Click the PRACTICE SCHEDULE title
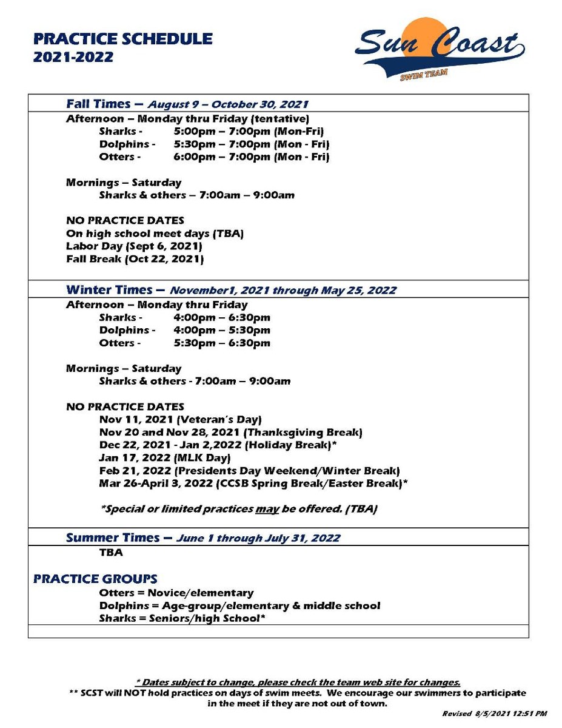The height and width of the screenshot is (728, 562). click(123, 39)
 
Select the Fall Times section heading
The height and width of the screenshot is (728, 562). click(187, 104)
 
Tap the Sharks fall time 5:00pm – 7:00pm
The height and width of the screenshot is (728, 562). click(249, 131)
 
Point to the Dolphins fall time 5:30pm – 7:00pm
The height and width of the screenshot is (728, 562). click(251, 144)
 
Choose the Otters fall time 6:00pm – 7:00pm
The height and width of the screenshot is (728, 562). click(251, 157)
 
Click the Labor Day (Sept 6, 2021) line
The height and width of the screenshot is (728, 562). click(134, 246)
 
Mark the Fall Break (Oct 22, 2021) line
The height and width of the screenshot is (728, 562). click(135, 259)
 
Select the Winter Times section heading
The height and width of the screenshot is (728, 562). click(231, 289)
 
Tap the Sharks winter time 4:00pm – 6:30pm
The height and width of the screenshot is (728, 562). click(222, 318)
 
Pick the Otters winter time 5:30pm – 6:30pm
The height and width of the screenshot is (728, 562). click(222, 343)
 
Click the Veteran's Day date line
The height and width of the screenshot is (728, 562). click(180, 419)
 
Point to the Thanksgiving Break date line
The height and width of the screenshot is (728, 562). click(230, 433)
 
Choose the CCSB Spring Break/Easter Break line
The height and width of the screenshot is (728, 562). click(253, 484)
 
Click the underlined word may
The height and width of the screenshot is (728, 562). click(267, 508)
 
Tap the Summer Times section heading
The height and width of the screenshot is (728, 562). click(203, 538)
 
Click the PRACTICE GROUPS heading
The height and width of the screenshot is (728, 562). click(95, 579)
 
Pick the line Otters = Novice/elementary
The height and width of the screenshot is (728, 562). click(176, 593)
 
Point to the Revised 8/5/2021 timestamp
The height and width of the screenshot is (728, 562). click(494, 714)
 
